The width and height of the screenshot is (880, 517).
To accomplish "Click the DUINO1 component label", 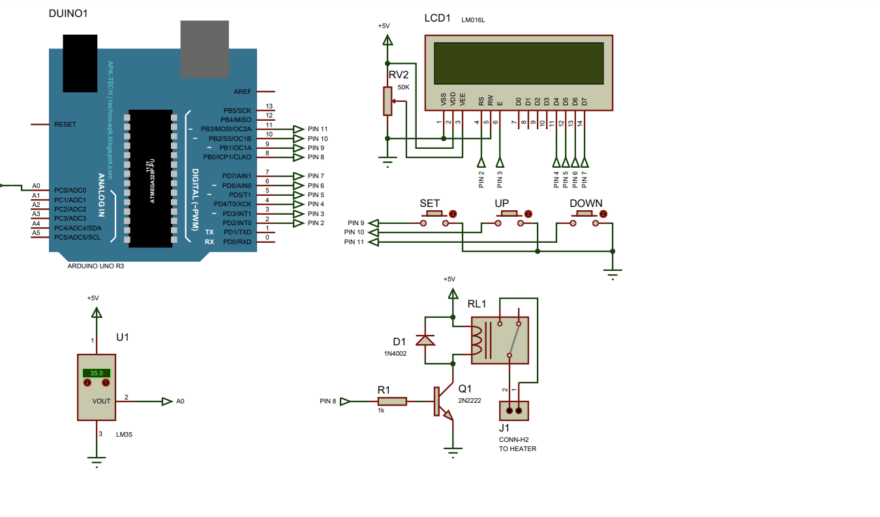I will pyautogui.click(x=68, y=13).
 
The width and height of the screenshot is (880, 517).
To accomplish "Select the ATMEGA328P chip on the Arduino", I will pyautogui.click(x=151, y=178).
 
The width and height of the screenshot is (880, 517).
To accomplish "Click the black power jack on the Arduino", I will pyautogui.click(x=81, y=63).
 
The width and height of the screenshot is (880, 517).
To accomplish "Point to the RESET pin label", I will pyautogui.click(x=65, y=124).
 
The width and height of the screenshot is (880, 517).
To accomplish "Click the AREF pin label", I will pyautogui.click(x=242, y=92).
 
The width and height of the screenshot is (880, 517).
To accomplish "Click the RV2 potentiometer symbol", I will pyautogui.click(x=388, y=101).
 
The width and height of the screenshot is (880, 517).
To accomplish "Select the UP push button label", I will pyautogui.click(x=502, y=204).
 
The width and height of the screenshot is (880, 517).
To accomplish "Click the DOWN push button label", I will pyautogui.click(x=586, y=204).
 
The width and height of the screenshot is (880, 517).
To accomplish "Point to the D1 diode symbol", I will pyautogui.click(x=426, y=340).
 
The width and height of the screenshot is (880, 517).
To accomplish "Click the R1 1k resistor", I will pyautogui.click(x=392, y=401).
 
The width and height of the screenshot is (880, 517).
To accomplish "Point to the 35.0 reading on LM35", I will pyautogui.click(x=96, y=373).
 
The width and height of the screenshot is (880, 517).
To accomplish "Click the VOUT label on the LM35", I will pyautogui.click(x=101, y=401).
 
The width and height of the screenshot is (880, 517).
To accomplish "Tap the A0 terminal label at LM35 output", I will pyautogui.click(x=180, y=401).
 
